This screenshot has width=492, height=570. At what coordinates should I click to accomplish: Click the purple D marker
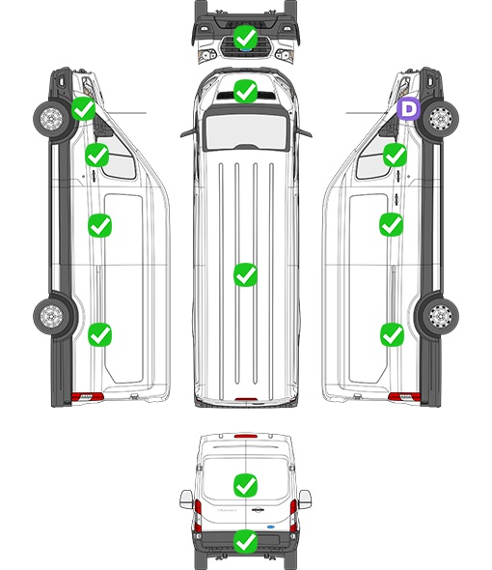[x=409, y=108]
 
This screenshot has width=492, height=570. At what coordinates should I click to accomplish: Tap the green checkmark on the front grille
[x=245, y=37]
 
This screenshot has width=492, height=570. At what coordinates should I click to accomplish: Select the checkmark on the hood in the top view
[x=245, y=91]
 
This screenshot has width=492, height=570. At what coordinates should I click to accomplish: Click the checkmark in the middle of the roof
[x=246, y=274]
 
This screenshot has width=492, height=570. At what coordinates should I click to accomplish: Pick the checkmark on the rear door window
[x=246, y=485]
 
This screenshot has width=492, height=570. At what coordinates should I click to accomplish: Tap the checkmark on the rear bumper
[x=246, y=542]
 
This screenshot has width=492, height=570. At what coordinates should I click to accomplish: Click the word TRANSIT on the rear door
[x=227, y=510]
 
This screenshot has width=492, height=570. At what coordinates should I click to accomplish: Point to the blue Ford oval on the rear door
[x=271, y=526]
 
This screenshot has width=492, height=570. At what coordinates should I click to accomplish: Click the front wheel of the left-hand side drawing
[x=51, y=119]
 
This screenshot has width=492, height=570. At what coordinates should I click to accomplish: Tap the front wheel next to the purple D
[x=440, y=119]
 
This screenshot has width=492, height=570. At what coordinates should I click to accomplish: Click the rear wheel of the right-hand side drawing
[x=440, y=316]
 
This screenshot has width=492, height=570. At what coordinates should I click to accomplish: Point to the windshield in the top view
[x=246, y=131]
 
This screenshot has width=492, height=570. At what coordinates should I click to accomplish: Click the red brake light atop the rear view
[x=246, y=436]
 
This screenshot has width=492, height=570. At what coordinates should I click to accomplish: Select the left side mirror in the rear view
[x=186, y=499]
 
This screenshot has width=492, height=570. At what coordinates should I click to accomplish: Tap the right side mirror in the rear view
[x=305, y=499]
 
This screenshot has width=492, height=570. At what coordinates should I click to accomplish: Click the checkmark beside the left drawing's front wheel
[x=84, y=108]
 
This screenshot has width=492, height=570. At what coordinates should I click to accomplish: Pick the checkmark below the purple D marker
[x=396, y=155]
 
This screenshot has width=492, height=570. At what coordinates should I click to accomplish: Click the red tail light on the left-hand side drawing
[x=87, y=397]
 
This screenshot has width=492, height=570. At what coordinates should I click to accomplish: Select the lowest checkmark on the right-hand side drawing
[x=392, y=334]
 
